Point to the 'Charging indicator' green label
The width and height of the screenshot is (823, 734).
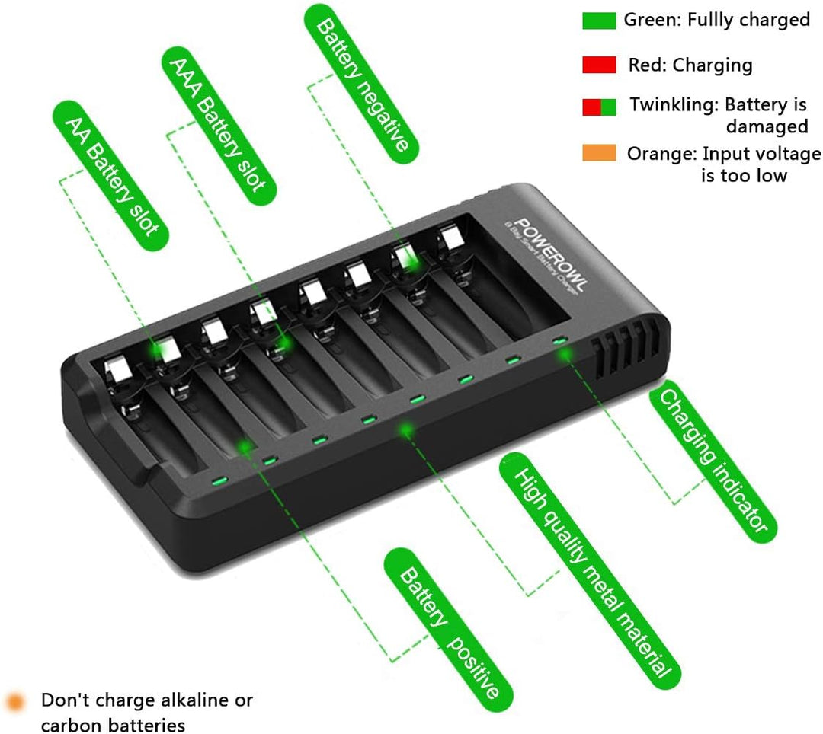click(713, 460)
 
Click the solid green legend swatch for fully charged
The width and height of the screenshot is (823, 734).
click(599, 21)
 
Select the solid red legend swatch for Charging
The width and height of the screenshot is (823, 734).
click(599, 65)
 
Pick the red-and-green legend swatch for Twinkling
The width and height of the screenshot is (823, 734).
click(599, 107)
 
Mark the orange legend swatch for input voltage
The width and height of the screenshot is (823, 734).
click(599, 153)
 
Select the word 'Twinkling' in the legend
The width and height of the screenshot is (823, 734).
click(672, 105)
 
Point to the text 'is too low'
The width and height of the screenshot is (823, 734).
click(743, 175)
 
